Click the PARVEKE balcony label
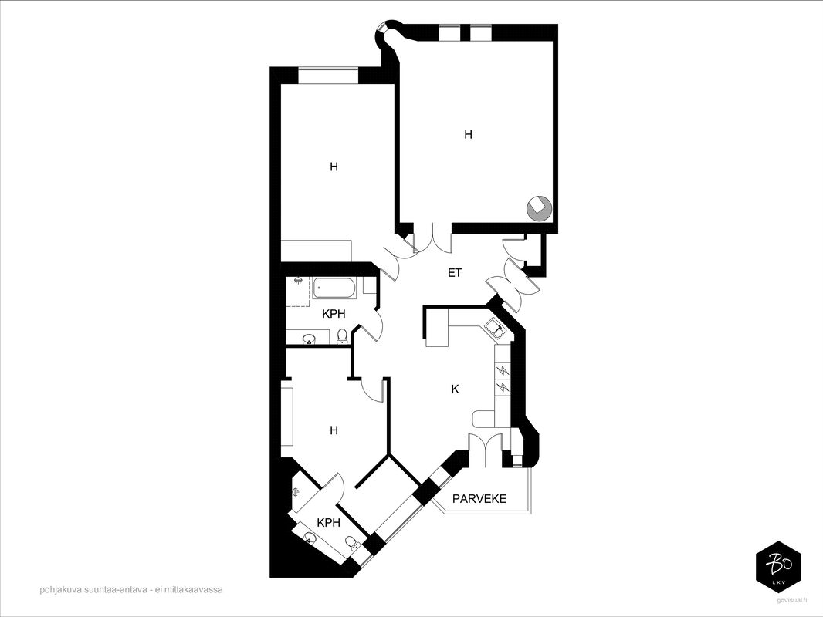click(479, 498)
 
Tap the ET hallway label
click(455, 272)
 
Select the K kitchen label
click(455, 389)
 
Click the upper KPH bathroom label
click(334, 314)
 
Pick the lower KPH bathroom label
click(329, 523)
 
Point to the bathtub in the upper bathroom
click(335, 288)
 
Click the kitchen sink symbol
click(495, 328)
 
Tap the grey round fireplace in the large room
click(539, 208)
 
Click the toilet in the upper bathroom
click(342, 335)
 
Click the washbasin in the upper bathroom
click(309, 338)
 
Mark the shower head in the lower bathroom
click(296, 492)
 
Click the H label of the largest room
click(468, 135)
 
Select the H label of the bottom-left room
click(334, 430)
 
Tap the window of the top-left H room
click(329, 75)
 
